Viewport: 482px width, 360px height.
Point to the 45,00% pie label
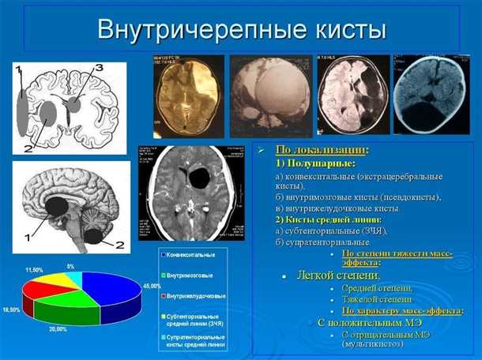[149, 286]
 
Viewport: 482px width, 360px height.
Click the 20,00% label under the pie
[58, 328]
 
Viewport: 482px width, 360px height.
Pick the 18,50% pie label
[11, 309]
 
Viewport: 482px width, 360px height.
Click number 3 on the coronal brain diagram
[98, 69]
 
